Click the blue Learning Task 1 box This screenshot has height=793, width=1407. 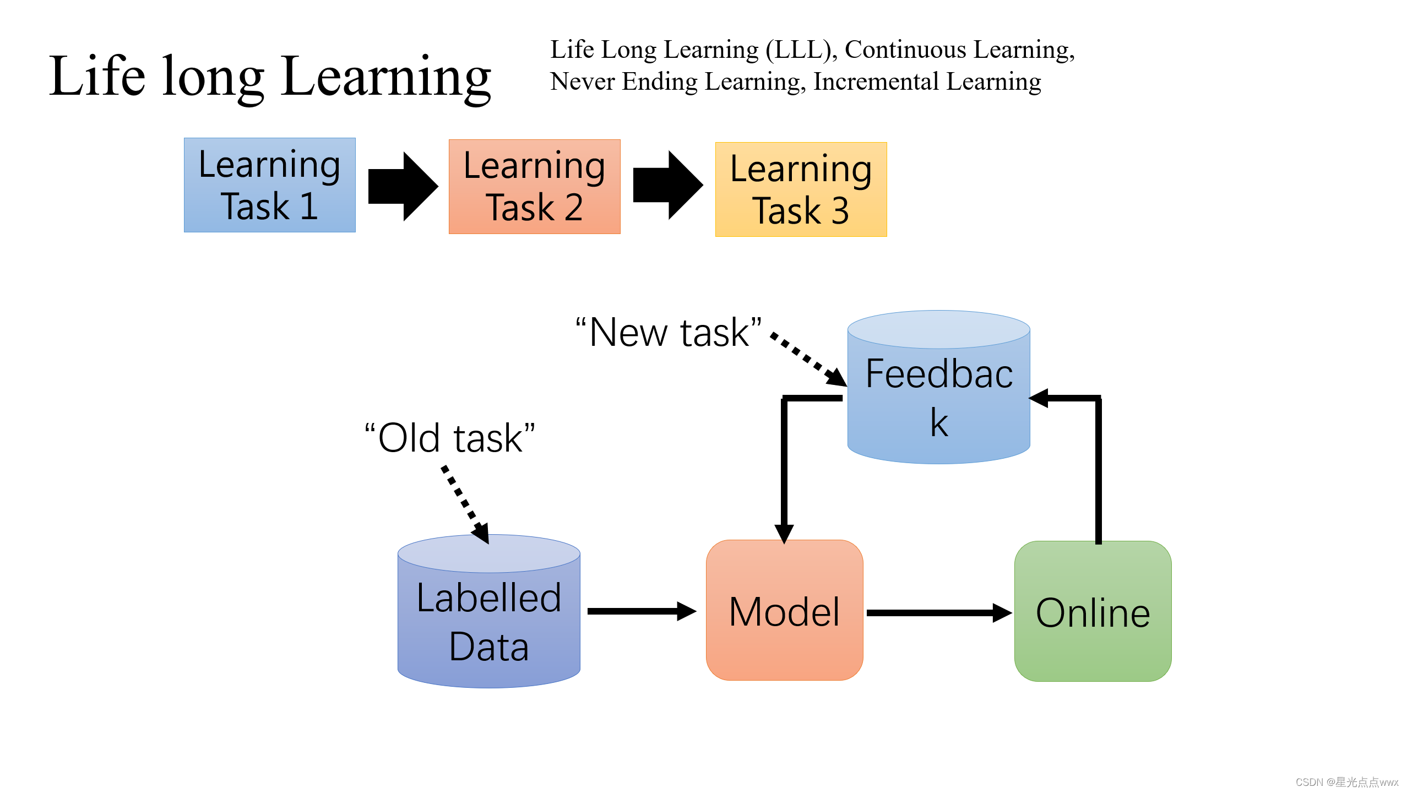tap(269, 185)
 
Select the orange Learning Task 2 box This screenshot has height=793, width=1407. tap(534, 187)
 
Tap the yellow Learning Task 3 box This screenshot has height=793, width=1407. tap(801, 189)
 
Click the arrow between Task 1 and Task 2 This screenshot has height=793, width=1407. tap(403, 186)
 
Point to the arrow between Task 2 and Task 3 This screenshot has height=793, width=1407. tap(668, 185)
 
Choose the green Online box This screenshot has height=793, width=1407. tap(1093, 611)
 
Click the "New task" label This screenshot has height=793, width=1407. tap(669, 333)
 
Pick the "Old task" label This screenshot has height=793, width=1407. tap(449, 438)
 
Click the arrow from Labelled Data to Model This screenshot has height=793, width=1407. tap(642, 611)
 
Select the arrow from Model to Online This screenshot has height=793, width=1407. tap(938, 612)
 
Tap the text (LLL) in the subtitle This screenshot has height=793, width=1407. tap(798, 50)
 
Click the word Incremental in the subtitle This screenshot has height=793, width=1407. tap(876, 82)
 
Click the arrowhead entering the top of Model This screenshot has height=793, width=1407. tap(784, 533)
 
